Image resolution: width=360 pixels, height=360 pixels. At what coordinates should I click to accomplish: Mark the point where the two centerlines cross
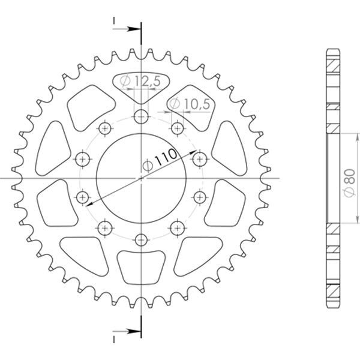click(x=141, y=178)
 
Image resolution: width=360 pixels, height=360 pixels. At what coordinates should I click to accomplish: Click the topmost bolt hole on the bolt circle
click(x=141, y=116)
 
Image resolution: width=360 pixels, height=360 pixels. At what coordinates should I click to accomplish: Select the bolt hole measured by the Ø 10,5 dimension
click(x=177, y=128)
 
